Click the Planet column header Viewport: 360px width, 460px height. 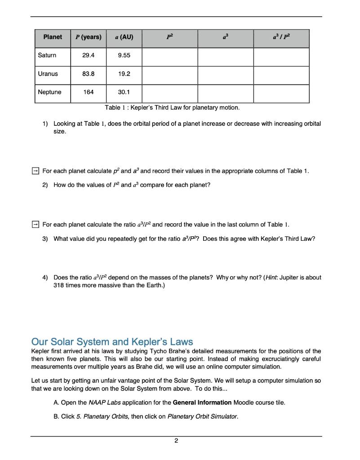[53, 37]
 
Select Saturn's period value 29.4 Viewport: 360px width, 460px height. [88, 55]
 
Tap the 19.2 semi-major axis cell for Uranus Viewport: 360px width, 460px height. [124, 74]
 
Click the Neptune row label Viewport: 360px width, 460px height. [49, 92]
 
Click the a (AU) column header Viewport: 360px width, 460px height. [124, 37]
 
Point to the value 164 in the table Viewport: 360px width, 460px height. [88, 92]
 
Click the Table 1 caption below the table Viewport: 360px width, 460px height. [172, 108]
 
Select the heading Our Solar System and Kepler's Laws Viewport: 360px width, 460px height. [112, 341]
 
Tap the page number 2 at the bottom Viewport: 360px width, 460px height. [176, 441]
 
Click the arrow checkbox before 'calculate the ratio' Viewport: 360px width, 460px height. [35, 224]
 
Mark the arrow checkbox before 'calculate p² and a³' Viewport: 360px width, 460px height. [35, 171]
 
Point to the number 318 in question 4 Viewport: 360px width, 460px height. [58, 286]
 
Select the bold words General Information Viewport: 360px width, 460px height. [202, 402]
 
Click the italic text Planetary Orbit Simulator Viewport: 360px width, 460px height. [202, 416]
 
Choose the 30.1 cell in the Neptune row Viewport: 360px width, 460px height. [124, 92]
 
